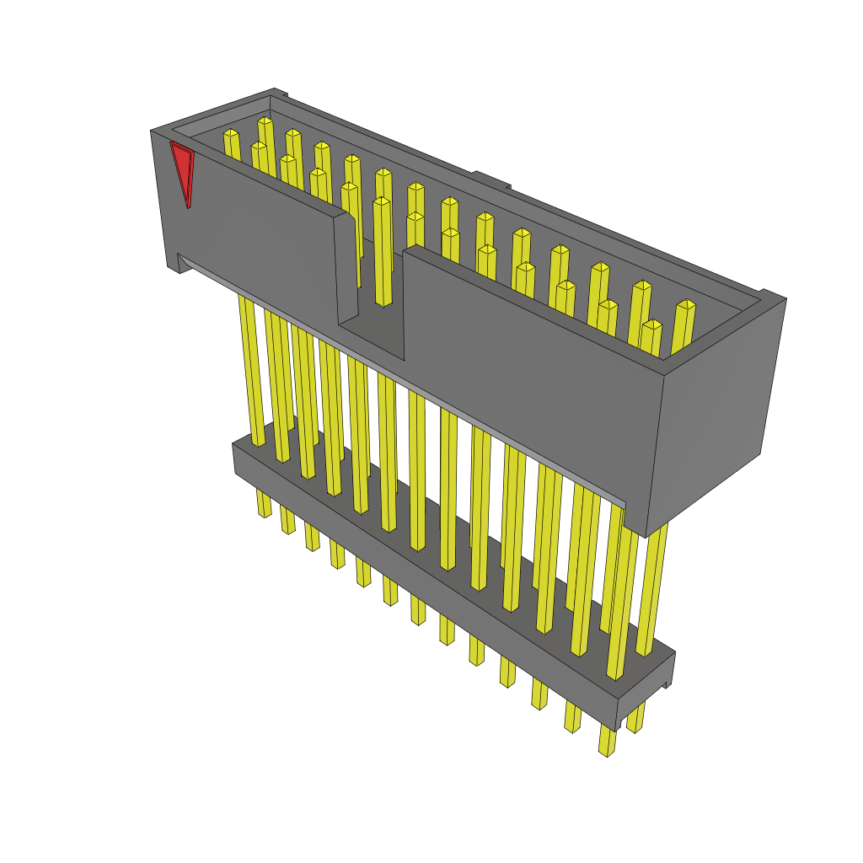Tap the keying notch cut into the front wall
click(x=371, y=278)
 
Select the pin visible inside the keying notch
click(x=382, y=253)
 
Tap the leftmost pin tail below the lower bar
click(x=264, y=503)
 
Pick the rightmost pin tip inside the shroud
click(x=685, y=308)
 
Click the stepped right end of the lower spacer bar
click(x=668, y=674)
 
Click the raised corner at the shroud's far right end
click(x=772, y=297)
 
